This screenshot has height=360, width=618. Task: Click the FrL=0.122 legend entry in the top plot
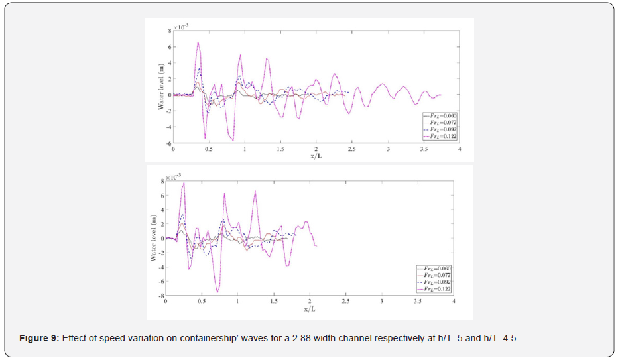point(442,135)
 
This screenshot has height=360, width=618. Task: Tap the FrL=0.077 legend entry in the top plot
point(442,122)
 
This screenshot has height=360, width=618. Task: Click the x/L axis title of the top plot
point(316,156)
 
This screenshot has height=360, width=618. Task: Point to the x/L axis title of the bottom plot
point(310,309)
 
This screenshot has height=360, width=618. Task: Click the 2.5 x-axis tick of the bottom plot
point(345,302)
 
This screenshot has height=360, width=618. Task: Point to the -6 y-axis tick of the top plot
point(169,143)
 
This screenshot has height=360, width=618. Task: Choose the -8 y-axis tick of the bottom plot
point(160,296)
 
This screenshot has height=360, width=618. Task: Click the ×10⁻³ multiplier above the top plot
point(182,27)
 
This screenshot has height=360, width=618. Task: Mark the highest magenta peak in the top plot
point(198,43)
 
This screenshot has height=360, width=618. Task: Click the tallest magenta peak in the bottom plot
point(184,182)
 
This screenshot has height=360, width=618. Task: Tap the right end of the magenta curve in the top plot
point(440,95)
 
